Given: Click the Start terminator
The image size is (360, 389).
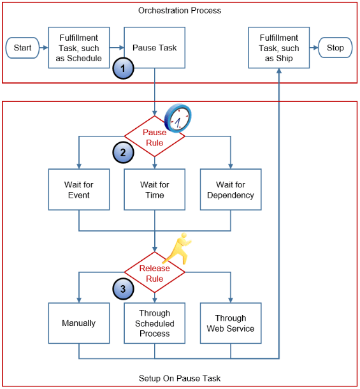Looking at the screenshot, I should pyautogui.click(x=22, y=48).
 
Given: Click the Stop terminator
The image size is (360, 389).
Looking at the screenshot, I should pyautogui.click(x=335, y=48).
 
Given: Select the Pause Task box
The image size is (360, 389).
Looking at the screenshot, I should pyautogui.click(x=154, y=48).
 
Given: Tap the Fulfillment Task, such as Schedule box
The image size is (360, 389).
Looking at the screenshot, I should pyautogui.click(x=80, y=48).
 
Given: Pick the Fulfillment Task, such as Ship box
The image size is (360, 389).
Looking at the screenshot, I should pyautogui.click(x=278, y=48).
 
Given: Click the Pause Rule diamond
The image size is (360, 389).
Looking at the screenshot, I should pyautogui.click(x=154, y=137).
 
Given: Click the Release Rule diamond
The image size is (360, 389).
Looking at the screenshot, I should pyautogui.click(x=154, y=273).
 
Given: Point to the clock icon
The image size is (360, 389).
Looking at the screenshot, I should pyautogui.click(x=178, y=118).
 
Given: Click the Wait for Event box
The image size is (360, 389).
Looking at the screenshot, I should pyautogui.click(x=79, y=190).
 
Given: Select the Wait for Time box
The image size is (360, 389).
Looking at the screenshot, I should pyautogui.click(x=154, y=190).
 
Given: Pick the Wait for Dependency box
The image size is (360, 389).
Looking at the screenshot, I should pyautogui.click(x=231, y=190).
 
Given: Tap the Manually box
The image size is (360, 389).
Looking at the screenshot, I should pyautogui.click(x=79, y=323).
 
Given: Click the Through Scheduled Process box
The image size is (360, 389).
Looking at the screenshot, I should pyautogui.click(x=154, y=323).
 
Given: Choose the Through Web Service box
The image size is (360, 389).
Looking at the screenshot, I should pyautogui.click(x=231, y=323).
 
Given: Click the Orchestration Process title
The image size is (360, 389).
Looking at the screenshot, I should pyautogui.click(x=180, y=11).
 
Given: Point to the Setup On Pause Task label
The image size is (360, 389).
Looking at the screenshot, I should pyautogui.click(x=180, y=378).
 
